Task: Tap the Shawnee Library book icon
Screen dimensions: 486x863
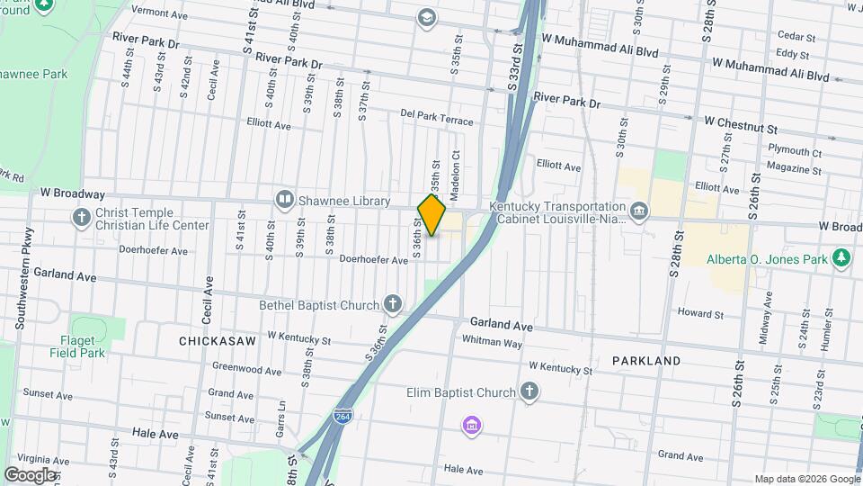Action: point(285,199)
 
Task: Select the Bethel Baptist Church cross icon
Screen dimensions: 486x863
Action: point(392,304)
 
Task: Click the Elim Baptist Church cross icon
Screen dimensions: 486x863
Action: point(529,391)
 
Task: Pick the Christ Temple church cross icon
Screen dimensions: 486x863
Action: point(82,217)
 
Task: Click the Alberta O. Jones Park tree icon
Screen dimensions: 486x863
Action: point(841,259)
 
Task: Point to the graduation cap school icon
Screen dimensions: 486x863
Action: point(426,17)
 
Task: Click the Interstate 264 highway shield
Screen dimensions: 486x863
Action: point(343,416)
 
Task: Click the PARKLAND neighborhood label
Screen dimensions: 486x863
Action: point(646,360)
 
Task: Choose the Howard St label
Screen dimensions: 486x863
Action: point(700,313)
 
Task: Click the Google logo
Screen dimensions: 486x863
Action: point(29,474)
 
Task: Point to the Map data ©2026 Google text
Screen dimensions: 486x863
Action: point(806,479)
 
